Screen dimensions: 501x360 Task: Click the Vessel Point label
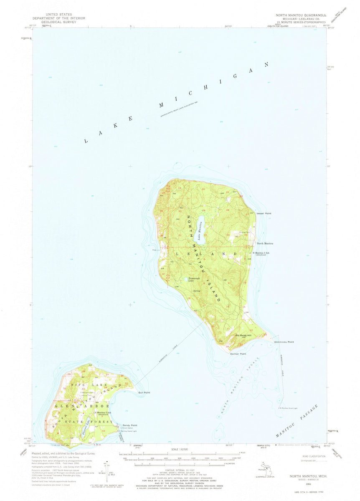[x=264, y=213]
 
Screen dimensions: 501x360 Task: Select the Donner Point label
[x=238, y=354]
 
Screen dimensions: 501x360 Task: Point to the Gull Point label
[x=144, y=392]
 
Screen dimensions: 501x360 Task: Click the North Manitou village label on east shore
[x=265, y=243]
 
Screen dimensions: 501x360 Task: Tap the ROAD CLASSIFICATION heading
[x=309, y=457]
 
